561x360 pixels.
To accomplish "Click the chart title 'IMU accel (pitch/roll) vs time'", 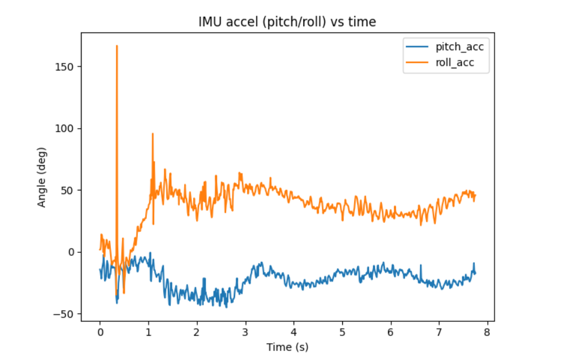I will [287, 22].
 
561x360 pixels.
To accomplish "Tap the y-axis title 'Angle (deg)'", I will [42, 177].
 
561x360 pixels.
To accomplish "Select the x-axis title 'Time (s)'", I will [287, 347].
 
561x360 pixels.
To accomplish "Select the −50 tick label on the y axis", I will [64, 314].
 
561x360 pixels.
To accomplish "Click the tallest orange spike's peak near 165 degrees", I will [117, 46].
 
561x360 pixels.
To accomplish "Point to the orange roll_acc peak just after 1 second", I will [153, 134].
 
